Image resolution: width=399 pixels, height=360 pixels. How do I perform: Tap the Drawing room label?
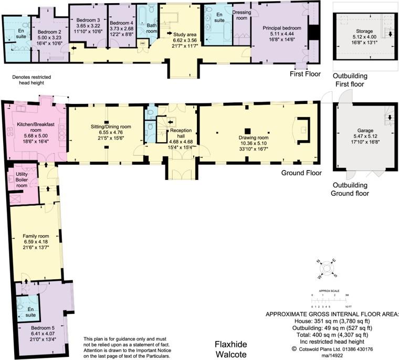click(x=254, y=138)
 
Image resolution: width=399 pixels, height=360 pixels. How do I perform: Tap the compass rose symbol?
click(x=327, y=268)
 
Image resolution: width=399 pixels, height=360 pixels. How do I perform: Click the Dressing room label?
click(x=240, y=14)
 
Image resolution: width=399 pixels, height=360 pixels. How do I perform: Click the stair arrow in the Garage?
click(x=389, y=118)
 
